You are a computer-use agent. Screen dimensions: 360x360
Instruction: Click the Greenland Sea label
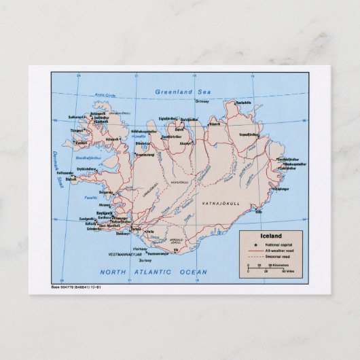pyautogui.click(x=183, y=91)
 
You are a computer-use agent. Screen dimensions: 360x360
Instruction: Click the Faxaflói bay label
pyautogui.click(x=88, y=197)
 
